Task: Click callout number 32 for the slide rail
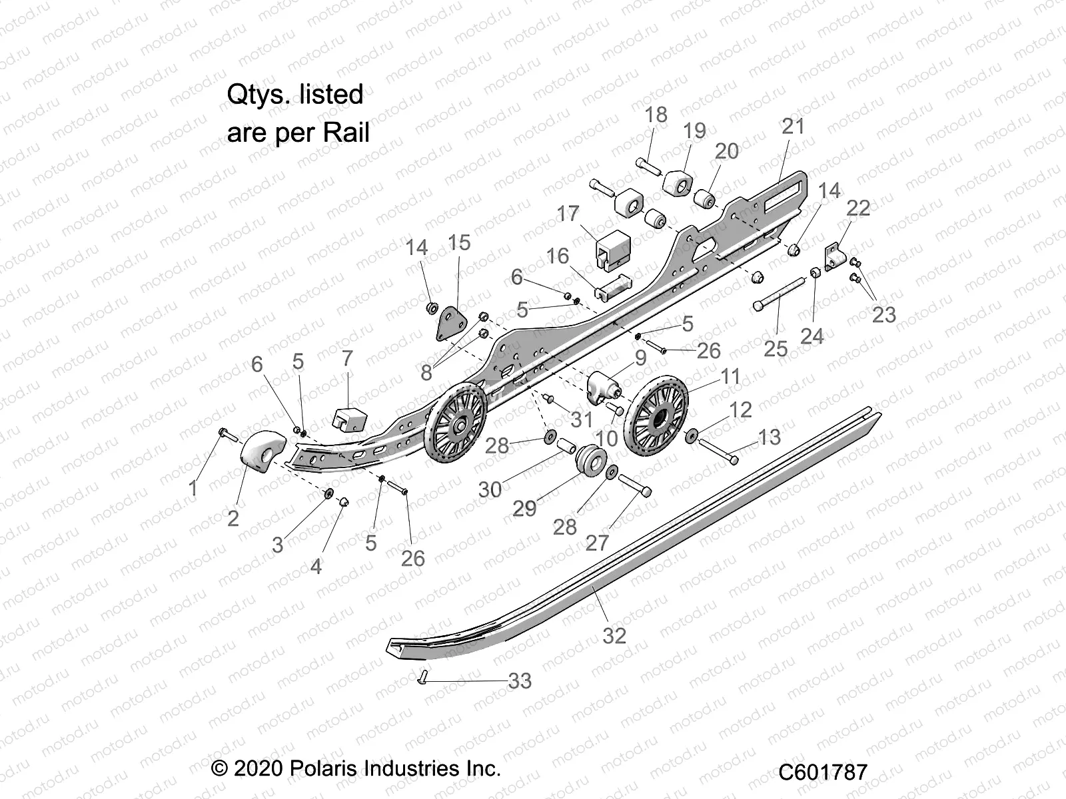[x=614, y=636]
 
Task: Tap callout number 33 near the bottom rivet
[x=520, y=681]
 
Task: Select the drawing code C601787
[x=823, y=772]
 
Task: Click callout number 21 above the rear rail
[x=793, y=127]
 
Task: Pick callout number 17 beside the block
[x=568, y=214]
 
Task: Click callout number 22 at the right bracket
[x=858, y=208]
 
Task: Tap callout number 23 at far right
[x=884, y=314]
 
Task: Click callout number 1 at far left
[x=193, y=489]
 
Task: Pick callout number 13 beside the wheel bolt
[x=769, y=437]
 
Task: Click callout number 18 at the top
[x=656, y=115]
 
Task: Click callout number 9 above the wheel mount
[x=640, y=358]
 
